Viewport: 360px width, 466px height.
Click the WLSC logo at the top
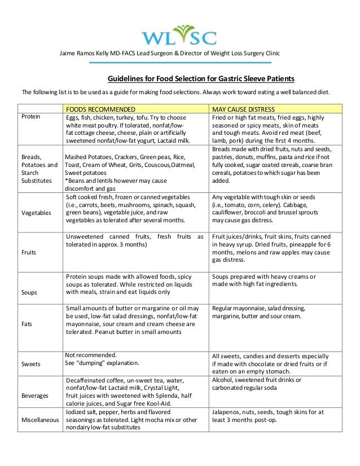[178, 35]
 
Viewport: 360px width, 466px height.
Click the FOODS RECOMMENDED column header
[100, 109]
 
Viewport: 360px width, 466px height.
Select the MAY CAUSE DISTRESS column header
[243, 109]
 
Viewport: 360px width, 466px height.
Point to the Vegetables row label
[37, 213]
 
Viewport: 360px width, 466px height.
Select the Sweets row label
[32, 364]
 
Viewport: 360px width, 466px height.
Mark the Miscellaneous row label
[39, 420]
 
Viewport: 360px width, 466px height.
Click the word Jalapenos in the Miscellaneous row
[227, 412]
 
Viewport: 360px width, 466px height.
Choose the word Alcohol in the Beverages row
[223, 380]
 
